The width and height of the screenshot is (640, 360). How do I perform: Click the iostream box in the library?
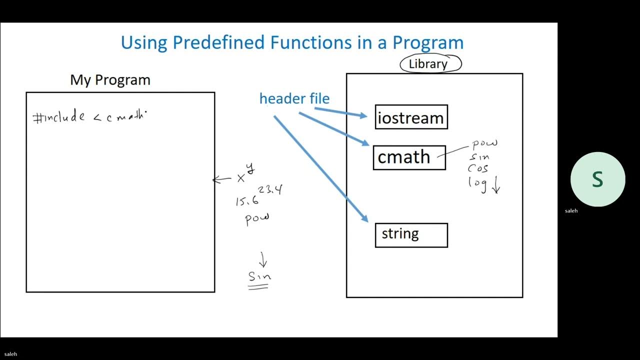411,117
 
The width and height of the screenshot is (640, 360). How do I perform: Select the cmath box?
409,157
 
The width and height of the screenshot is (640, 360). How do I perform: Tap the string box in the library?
411,235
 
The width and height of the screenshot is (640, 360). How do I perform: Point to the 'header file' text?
294,98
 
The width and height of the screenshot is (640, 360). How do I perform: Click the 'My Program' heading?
110,80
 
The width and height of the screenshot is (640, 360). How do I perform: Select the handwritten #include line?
89,117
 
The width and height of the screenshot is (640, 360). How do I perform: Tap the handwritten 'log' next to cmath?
477,182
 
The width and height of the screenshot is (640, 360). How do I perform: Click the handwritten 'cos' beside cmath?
478,169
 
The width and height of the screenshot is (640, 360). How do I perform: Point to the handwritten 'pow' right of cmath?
484,144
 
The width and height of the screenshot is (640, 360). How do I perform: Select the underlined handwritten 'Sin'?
259,276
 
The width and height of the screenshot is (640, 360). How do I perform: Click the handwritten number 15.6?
247,201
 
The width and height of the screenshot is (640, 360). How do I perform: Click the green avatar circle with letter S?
597,179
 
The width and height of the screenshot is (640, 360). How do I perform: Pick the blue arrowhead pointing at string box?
364,218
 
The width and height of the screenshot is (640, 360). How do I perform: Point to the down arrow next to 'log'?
496,186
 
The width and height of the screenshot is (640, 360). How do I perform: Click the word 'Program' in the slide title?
428,42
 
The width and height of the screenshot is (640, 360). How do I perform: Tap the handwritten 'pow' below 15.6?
257,219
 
